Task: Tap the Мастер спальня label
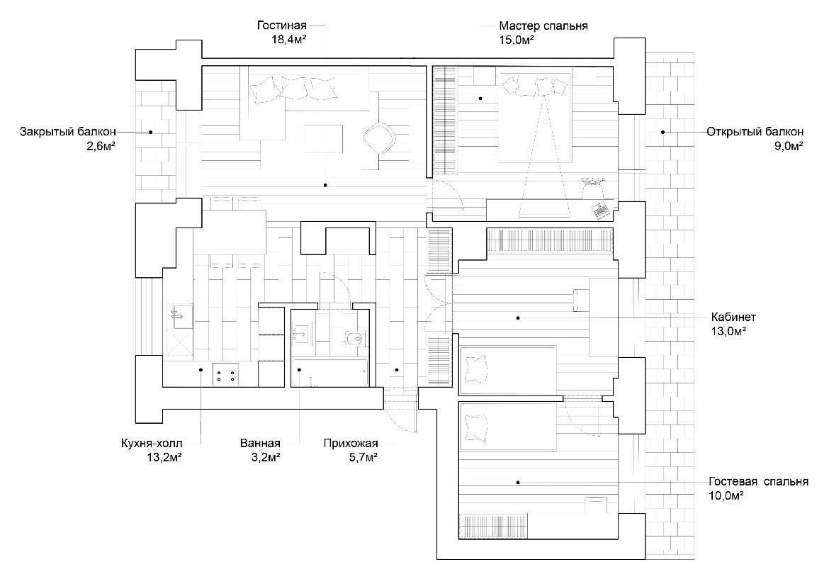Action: [543, 26]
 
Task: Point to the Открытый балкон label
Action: [755, 132]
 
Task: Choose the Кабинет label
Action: [733, 317]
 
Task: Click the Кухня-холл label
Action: [152, 444]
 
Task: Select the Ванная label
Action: [260, 444]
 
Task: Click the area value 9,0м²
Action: [787, 146]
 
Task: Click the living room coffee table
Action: [324, 138]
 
